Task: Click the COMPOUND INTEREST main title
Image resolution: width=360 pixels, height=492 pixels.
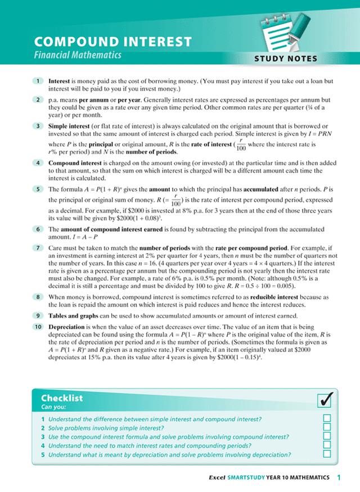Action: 112,42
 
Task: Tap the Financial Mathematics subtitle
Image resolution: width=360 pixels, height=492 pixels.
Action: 77,56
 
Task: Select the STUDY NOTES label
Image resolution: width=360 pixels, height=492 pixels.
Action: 290,58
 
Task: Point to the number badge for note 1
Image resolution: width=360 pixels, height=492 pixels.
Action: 37,81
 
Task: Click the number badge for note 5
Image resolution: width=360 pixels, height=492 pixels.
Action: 37,189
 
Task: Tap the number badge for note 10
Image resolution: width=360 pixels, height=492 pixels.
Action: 37,327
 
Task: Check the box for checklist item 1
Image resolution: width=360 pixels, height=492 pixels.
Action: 327,419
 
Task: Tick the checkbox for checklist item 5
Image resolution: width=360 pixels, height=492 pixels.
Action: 327,454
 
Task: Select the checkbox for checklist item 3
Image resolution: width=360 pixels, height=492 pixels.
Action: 327,437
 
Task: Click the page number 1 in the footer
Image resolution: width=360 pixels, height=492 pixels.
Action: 339,477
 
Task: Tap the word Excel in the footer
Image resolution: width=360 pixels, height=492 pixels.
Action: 217,477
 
